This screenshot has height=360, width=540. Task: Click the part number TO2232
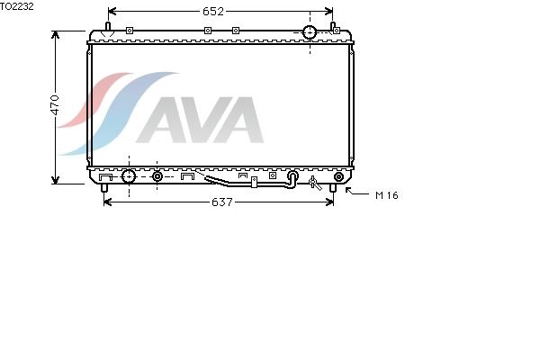pyautogui.click(x=16, y=6)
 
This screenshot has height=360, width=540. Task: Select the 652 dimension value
pyautogui.click(x=213, y=12)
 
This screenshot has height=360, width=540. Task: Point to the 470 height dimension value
pyautogui.click(x=55, y=104)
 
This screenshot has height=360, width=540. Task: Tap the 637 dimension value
pyautogui.click(x=222, y=202)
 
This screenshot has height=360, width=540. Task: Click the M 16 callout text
pyautogui.click(x=387, y=195)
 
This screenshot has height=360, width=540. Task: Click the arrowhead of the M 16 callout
pyautogui.click(x=347, y=190)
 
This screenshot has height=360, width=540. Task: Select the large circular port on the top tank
pyautogui.click(x=310, y=32)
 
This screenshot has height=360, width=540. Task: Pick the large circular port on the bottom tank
pyautogui.click(x=129, y=176)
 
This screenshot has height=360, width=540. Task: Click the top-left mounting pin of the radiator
pyautogui.click(x=107, y=26)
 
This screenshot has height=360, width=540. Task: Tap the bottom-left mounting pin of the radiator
pyautogui.click(x=104, y=188)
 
